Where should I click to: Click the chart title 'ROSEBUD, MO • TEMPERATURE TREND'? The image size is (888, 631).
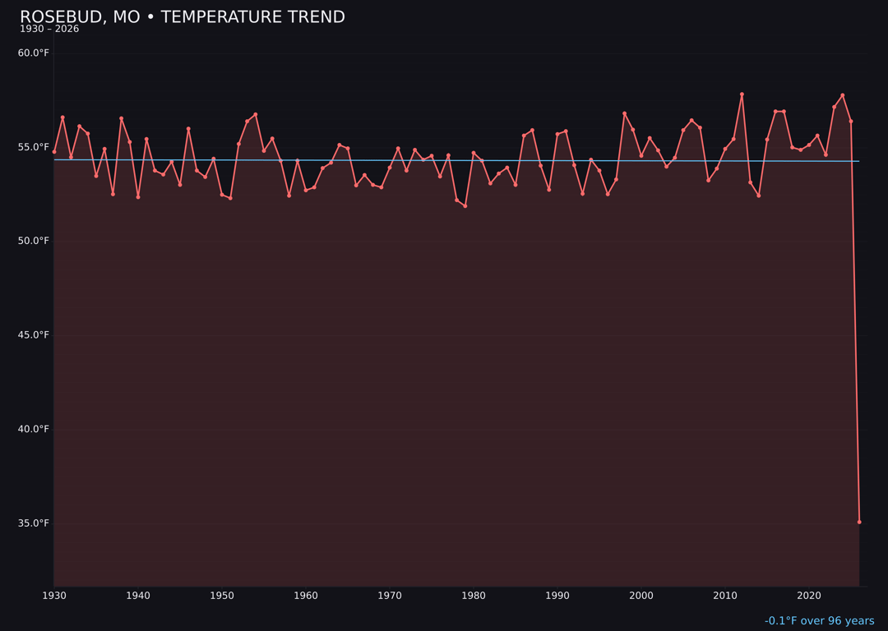click(182, 17)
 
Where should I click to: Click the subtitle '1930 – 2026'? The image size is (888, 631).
click(49, 30)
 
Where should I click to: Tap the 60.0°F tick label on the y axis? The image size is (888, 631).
click(34, 53)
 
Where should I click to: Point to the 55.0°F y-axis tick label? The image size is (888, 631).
click(34, 147)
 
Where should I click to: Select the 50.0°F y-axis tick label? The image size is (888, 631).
click(34, 242)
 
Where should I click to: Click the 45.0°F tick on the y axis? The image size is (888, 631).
click(34, 335)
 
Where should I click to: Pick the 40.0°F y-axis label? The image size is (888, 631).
click(34, 430)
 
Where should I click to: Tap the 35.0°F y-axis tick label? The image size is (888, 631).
click(34, 523)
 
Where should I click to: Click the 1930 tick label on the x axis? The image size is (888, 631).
click(54, 596)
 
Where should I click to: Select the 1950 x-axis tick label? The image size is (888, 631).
click(222, 596)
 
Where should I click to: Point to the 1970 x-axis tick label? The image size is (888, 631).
click(390, 596)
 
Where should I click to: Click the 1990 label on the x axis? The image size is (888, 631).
click(557, 596)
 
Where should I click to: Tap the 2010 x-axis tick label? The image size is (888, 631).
click(725, 596)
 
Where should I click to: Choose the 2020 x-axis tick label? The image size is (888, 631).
click(809, 596)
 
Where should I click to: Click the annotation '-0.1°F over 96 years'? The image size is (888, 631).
click(819, 621)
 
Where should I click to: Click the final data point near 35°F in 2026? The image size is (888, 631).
click(859, 522)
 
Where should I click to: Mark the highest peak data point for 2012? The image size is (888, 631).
click(742, 94)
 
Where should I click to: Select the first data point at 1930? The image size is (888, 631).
click(54, 152)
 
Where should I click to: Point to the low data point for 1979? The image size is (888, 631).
click(465, 206)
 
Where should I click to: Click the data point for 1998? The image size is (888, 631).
click(624, 113)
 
